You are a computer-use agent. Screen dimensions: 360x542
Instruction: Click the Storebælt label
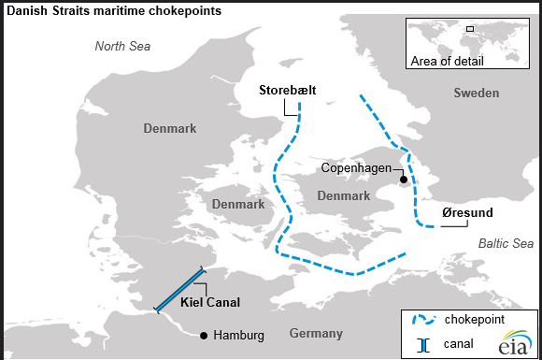click(288, 90)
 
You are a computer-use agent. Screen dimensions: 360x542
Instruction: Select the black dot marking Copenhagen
click(403, 179)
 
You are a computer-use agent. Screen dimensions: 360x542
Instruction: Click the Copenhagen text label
click(356, 168)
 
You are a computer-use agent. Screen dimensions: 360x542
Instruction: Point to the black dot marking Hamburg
click(204, 335)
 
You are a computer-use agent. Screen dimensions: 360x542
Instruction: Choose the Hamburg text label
click(238, 335)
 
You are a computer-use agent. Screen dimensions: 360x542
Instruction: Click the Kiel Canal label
click(210, 302)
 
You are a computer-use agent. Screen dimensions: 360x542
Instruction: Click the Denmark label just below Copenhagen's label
click(344, 195)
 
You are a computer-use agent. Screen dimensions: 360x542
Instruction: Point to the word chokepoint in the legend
click(477, 320)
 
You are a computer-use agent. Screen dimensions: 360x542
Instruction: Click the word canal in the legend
click(462, 344)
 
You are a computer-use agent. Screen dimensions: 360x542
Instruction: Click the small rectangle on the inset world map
click(470, 29)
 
